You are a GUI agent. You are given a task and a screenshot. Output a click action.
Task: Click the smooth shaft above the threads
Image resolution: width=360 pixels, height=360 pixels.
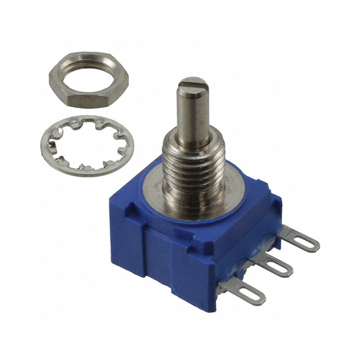pos(193,112)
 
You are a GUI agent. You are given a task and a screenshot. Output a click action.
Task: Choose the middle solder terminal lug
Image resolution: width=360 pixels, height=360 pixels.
pos(272,265)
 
